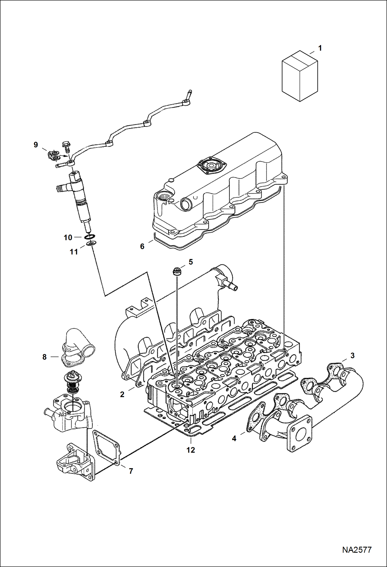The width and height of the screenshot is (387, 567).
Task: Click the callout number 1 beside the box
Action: tap(320, 48)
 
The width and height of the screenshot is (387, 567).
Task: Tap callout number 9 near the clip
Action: tap(36, 145)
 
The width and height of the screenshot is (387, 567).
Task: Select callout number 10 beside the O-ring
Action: tap(68, 238)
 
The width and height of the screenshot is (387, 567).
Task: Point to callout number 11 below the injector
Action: tap(74, 252)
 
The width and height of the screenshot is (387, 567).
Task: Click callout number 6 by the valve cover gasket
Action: tap(142, 246)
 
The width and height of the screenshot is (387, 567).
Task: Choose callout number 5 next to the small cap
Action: tap(191, 262)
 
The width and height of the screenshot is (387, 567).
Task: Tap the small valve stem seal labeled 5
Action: tap(177, 272)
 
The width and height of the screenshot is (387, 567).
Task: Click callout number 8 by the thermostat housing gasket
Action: tap(44, 357)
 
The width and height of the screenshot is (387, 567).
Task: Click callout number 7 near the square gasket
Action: tap(131, 471)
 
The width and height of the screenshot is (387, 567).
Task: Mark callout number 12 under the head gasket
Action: tap(191, 450)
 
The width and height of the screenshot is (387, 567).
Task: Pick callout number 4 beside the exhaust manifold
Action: tap(234, 439)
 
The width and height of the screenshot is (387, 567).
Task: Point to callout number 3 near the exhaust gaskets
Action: tap(352, 356)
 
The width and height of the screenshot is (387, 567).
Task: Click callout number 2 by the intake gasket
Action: tap(122, 395)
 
